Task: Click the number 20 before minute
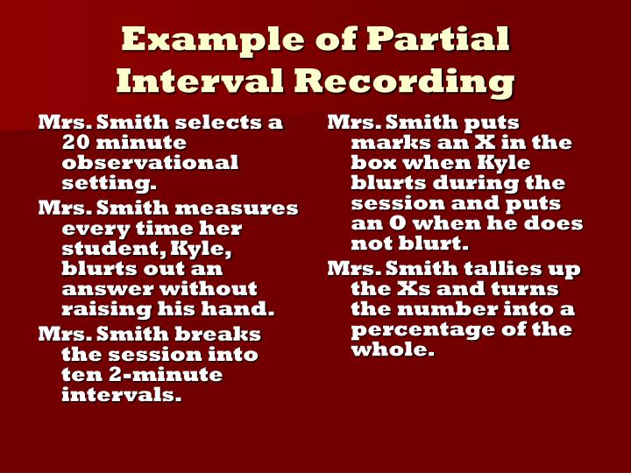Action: [76, 143]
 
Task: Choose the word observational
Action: [150, 163]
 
